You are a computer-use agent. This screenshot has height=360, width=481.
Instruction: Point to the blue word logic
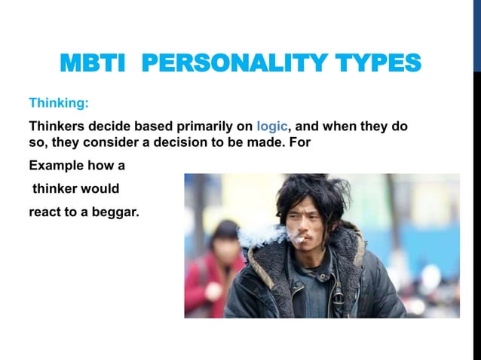point(271,126)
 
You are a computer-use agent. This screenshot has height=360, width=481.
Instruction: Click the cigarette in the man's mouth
point(299,241)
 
